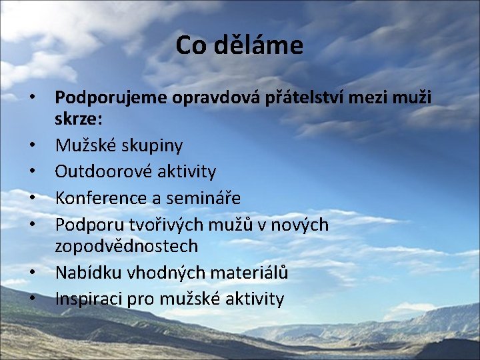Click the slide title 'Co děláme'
tap(239, 45)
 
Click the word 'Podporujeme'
tap(112, 99)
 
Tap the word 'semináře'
tap(203, 198)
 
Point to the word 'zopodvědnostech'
tap(126, 246)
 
